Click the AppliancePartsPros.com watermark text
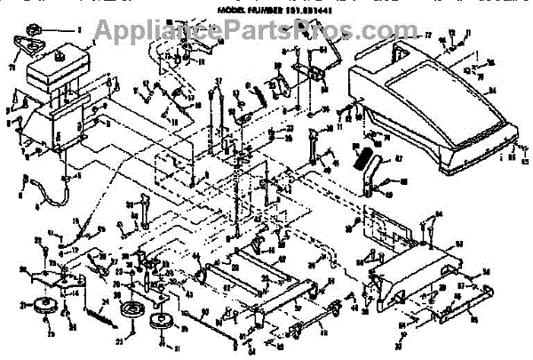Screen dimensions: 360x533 (266, 33)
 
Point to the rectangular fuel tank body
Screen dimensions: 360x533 (58, 76)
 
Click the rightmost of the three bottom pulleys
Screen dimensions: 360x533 (161, 323)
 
